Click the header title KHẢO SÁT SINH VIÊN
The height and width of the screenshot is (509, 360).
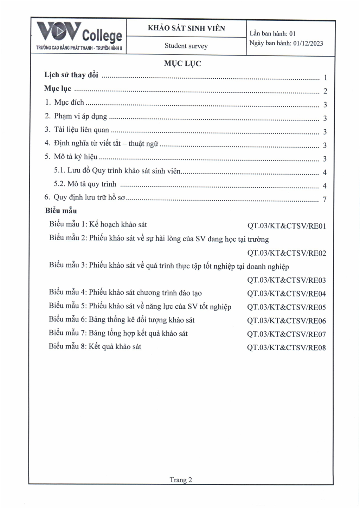click(x=186, y=28)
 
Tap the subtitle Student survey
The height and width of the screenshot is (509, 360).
click(x=186, y=46)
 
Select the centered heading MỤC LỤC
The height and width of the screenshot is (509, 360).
click(x=182, y=64)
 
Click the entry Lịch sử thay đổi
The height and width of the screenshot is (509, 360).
click(x=71, y=75)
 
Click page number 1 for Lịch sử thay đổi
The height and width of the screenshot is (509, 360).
click(x=326, y=78)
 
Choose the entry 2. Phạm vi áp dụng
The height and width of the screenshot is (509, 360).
click(x=76, y=116)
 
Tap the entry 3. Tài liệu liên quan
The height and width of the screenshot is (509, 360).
click(x=77, y=130)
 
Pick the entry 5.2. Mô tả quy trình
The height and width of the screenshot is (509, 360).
click(x=85, y=184)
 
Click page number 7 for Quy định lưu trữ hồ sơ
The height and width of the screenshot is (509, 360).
click(x=325, y=200)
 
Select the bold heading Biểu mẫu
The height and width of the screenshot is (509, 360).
click(x=61, y=211)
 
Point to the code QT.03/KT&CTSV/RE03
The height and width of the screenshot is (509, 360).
click(x=287, y=280)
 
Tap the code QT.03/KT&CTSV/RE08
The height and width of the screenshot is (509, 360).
click(x=287, y=348)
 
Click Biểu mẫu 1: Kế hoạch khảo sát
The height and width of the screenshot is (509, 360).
click(x=98, y=224)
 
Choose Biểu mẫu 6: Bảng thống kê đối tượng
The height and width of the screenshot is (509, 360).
click(x=122, y=320)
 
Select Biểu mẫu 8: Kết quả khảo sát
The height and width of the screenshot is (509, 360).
click(x=95, y=347)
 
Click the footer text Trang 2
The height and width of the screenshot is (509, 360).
click(x=181, y=480)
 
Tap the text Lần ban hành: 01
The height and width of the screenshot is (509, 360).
click(x=272, y=34)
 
